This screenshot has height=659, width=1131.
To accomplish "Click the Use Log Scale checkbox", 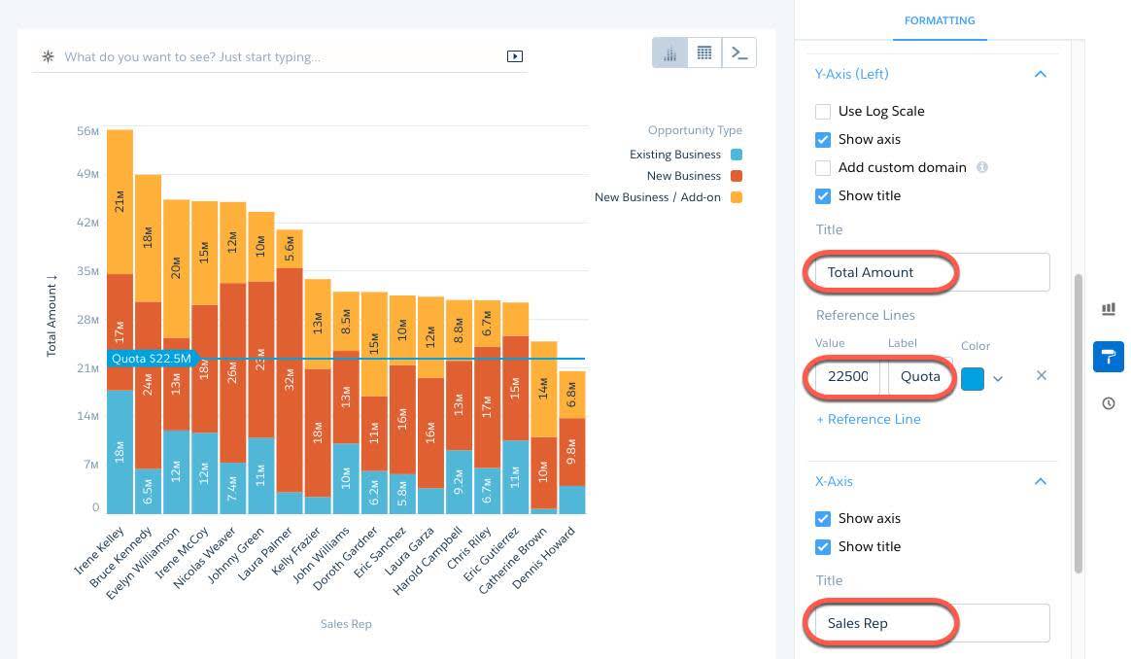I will point(823,112).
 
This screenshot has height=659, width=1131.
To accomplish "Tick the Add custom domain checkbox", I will point(823,168).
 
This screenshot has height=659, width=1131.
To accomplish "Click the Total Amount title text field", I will point(931,272).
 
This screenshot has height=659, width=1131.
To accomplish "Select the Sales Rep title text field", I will point(931,623).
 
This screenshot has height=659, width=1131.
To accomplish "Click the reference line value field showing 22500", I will point(846,376).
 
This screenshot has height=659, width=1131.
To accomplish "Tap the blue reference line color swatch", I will point(972,378).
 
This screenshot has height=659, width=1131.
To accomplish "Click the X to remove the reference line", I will point(1042,375).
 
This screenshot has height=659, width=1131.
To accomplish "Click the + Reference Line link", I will point(869,419).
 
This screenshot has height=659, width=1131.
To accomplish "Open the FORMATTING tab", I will point(939,20).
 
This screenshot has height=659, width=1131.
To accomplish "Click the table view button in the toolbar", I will point(704,53).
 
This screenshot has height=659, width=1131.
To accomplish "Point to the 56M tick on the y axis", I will point(87,131).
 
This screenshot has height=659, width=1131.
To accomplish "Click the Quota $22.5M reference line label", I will point(151,359).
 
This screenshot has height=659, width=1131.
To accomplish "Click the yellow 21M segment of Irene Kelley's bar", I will point(120,201).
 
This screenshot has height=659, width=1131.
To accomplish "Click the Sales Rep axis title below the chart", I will point(346,624).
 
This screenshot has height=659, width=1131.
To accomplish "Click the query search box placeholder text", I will point(192,57).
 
